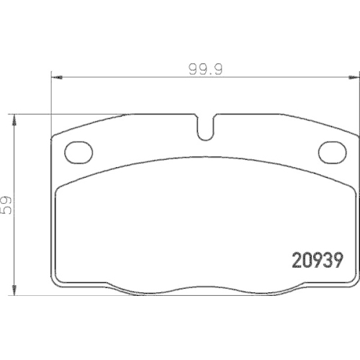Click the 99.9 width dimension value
pos(204,70)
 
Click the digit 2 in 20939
pos(296,258)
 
